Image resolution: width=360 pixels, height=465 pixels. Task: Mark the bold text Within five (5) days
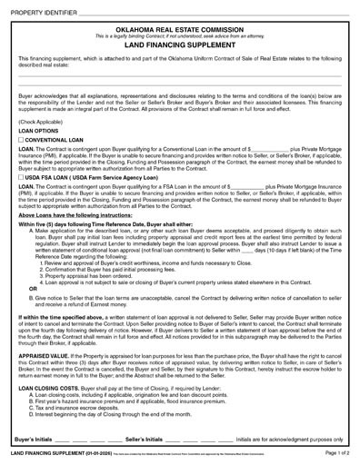(41, 223)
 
